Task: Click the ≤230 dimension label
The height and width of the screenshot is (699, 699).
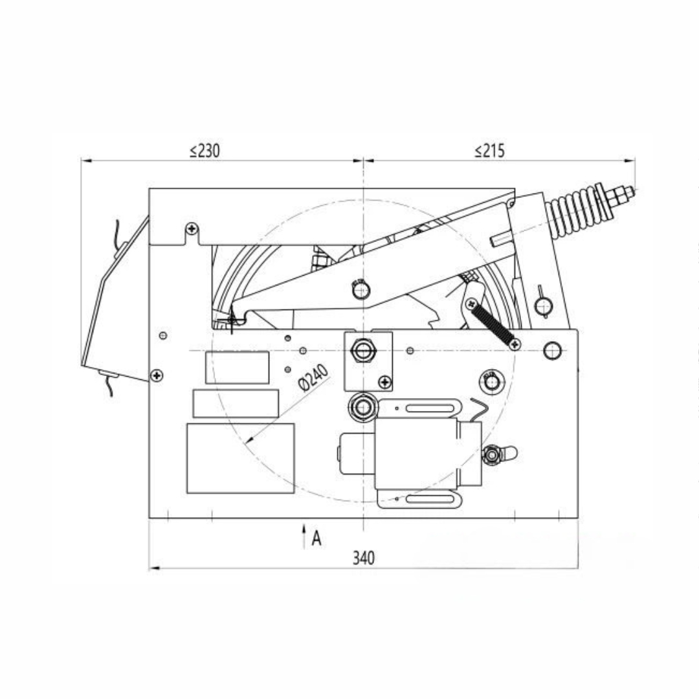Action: pos(205,151)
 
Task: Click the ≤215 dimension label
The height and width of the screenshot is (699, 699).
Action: pos(489,151)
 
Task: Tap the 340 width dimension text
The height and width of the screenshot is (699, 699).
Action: pos(363,558)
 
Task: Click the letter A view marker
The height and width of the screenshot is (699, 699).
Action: pos(316,538)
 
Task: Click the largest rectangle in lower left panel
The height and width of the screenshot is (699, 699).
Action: pos(240,458)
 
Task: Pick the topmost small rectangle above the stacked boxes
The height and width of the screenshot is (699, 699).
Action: pos(237,368)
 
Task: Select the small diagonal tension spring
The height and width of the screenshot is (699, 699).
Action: pos(493,324)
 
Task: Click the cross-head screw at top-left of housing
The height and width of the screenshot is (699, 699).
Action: pos(191,228)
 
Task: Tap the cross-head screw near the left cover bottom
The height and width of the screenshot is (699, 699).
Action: pos(156,375)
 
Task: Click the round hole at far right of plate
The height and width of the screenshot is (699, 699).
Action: pos(551,350)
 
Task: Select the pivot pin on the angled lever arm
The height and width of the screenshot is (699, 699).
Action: pos(361,289)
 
